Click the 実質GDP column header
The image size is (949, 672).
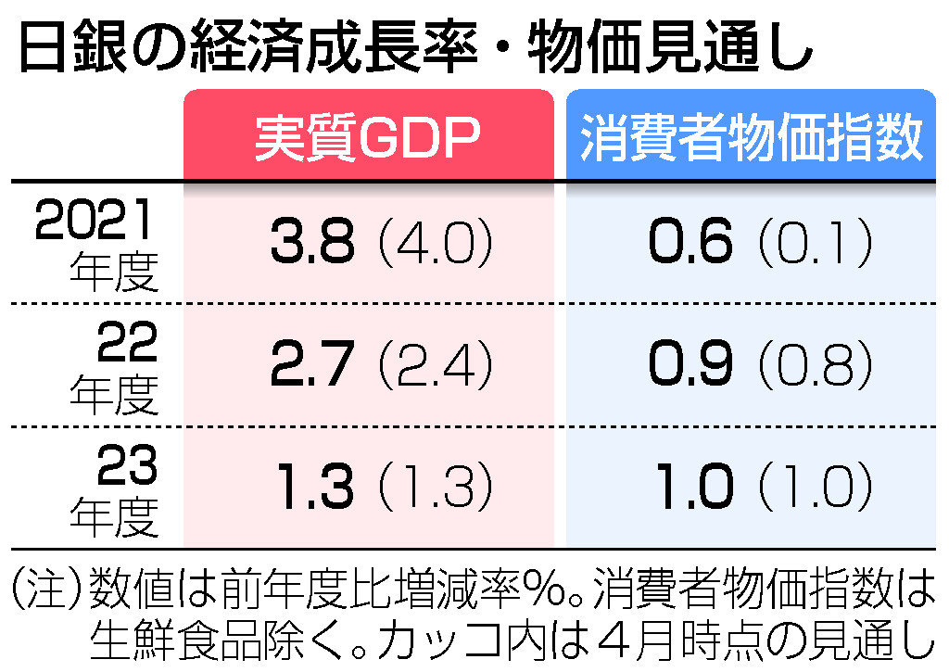[368, 138]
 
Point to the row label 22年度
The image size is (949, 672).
[115, 372]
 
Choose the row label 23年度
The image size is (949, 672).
[115, 492]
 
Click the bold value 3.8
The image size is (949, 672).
[312, 244]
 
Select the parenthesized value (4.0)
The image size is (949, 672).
[433, 244]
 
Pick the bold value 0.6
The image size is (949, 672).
[691, 244]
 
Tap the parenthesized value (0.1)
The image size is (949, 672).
[815, 244]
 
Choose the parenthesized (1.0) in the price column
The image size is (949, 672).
[815, 487]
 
